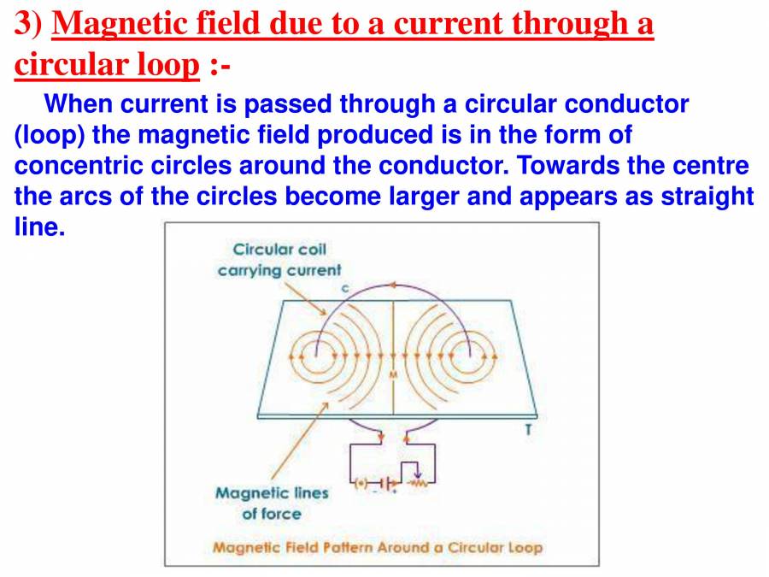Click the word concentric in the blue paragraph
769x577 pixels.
tap(73, 165)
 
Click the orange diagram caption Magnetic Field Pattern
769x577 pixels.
tap(377, 546)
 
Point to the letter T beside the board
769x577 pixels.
tap(527, 430)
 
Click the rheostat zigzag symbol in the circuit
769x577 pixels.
tap(418, 484)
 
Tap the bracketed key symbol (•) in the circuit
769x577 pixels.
tap(362, 484)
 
